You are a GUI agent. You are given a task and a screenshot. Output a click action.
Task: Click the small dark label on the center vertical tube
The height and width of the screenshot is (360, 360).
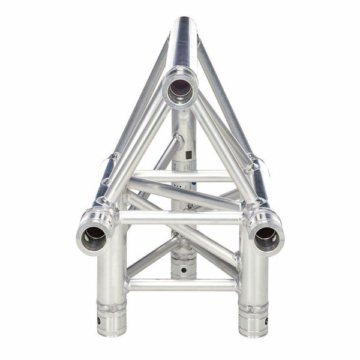(x=187, y=154)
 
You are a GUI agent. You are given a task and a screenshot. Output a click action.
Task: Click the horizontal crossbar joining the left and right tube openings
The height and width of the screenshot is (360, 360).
(x=180, y=217)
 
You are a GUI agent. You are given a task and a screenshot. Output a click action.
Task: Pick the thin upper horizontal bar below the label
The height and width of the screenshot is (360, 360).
(x=180, y=175)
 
